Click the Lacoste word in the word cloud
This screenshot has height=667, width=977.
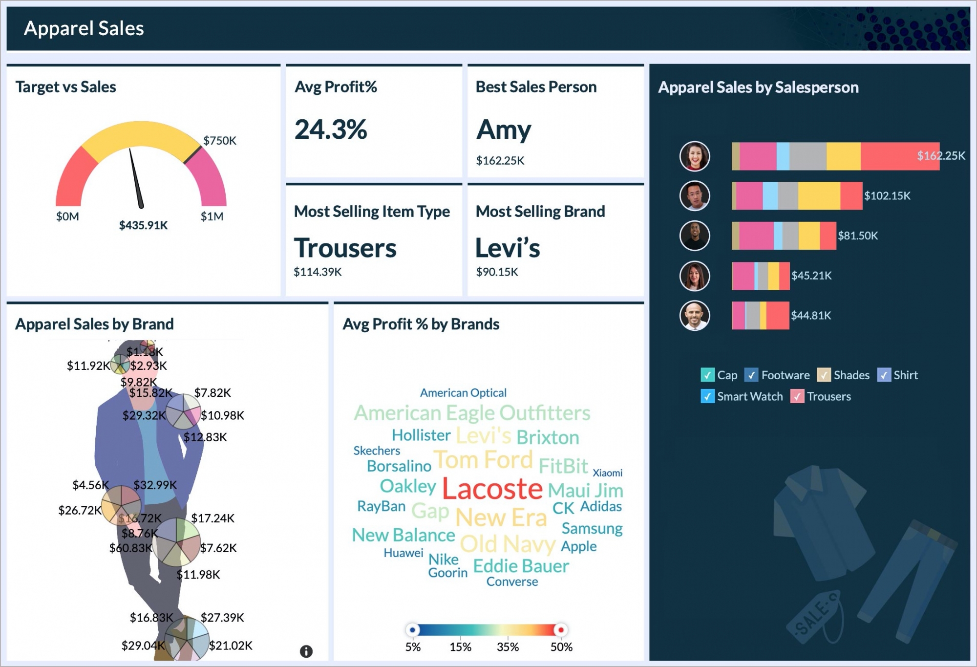[492, 489]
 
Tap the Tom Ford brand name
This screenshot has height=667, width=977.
[483, 460]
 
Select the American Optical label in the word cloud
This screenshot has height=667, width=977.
[463, 393]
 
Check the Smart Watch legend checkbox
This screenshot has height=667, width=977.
[707, 396]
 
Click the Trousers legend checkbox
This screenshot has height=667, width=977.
[797, 396]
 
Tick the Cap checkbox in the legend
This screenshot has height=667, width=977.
[707, 375]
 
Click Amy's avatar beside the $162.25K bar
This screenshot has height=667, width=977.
[694, 156]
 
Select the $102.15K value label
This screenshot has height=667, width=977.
[887, 196]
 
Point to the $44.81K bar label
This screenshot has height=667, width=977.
[810, 316]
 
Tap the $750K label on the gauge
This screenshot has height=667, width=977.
[219, 141]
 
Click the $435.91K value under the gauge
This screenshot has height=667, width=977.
[143, 225]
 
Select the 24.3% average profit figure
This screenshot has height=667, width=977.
[331, 130]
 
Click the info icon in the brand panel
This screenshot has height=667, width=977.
[306, 651]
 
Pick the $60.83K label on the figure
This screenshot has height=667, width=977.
[130, 548]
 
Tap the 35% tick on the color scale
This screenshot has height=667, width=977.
[508, 647]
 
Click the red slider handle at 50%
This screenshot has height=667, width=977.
[561, 630]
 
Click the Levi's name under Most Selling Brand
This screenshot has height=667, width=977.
[508, 248]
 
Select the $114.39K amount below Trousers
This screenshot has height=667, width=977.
[318, 272]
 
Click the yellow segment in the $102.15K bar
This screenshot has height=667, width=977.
[819, 196]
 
